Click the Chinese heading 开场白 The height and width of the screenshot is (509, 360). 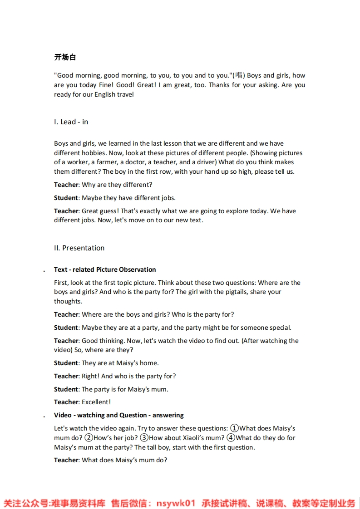tap(65, 57)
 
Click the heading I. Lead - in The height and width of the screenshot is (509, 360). tap(71, 122)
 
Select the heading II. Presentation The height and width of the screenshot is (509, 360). tap(79, 248)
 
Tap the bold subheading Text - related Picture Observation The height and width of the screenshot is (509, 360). tap(105, 269)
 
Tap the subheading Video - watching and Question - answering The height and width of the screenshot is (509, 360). tap(118, 415)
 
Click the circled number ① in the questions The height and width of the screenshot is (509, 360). tap(234, 428)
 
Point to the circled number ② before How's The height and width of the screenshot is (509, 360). tap(89, 438)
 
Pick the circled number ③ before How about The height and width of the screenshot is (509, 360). tap(144, 438)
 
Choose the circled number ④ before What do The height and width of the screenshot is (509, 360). tap(231, 438)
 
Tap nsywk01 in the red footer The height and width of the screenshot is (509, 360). tap(176, 503)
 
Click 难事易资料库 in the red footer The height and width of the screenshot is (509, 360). tap(78, 503)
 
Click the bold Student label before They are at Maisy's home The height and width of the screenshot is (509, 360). tap(66, 363)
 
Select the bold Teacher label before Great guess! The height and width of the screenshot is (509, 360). tap(66, 211)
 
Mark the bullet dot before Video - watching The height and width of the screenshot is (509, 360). tap(44, 416)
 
